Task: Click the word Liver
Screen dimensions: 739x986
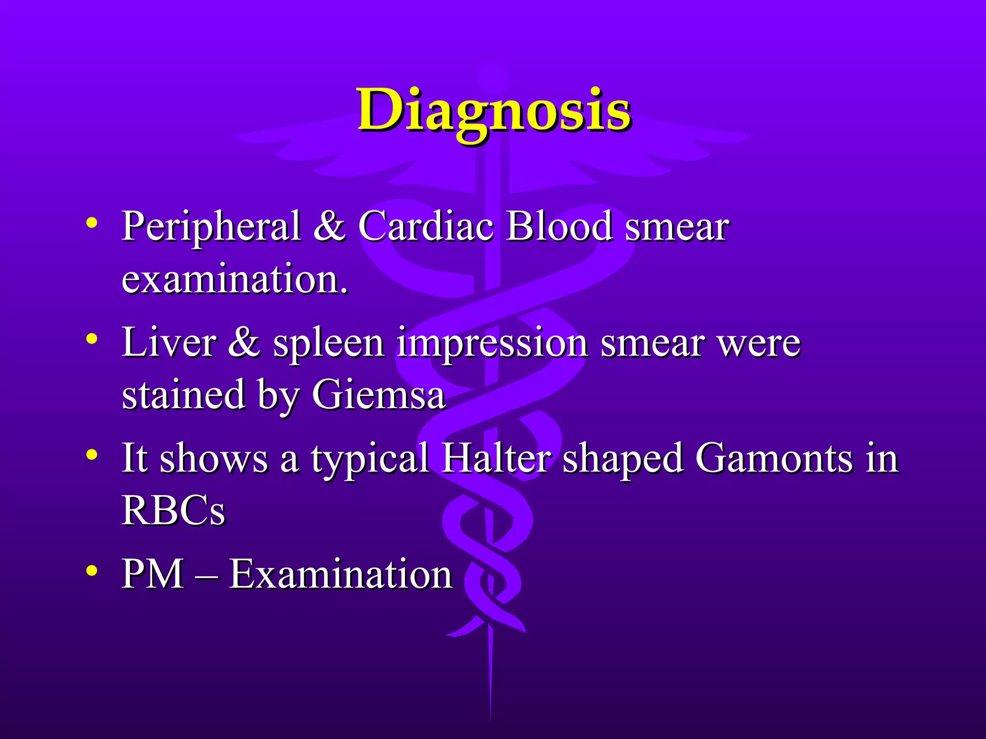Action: pyautogui.click(x=169, y=343)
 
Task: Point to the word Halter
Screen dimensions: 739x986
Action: pyautogui.click(x=496, y=459)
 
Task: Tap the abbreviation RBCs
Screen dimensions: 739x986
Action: pyautogui.click(x=173, y=510)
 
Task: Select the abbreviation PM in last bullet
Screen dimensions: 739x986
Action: pyautogui.click(x=153, y=573)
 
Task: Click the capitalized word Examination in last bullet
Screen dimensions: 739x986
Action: pyautogui.click(x=340, y=573)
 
